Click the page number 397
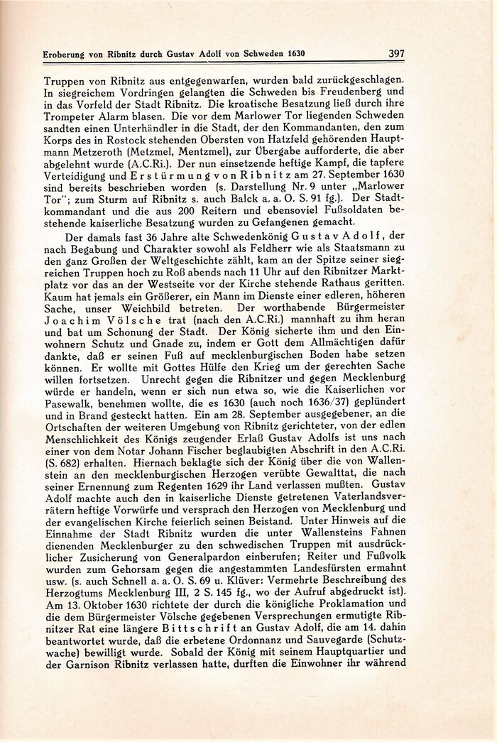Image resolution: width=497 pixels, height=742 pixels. click(x=396, y=53)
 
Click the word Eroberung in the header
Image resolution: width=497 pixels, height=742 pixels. click(x=48, y=54)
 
